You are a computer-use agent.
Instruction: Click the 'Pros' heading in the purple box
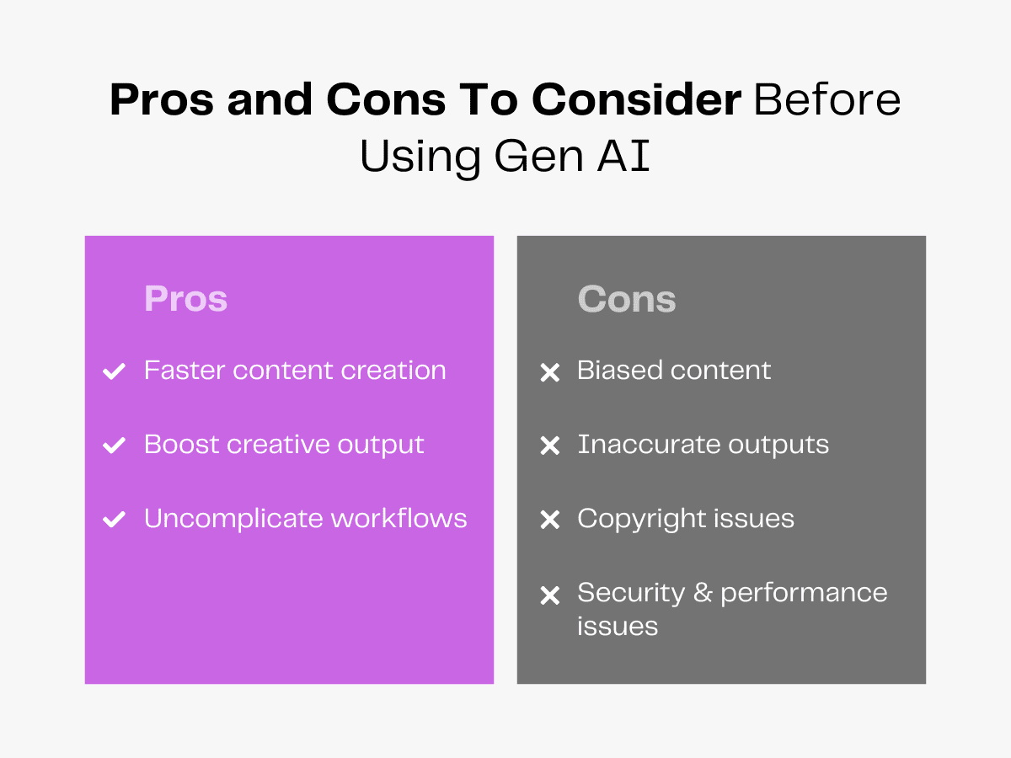(x=185, y=299)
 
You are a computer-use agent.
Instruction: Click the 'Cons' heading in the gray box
(x=627, y=299)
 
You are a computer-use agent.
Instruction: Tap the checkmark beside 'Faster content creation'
(x=114, y=371)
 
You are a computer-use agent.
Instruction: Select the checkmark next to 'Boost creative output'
(x=114, y=446)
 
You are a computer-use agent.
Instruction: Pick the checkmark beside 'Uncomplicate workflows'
(x=114, y=520)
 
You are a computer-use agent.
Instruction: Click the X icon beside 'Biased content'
(x=549, y=372)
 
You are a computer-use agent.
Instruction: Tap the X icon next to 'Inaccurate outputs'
(x=549, y=446)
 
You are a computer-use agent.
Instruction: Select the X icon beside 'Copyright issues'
(x=549, y=520)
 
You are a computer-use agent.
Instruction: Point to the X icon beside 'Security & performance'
(x=549, y=595)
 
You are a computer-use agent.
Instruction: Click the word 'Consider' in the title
(x=636, y=100)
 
